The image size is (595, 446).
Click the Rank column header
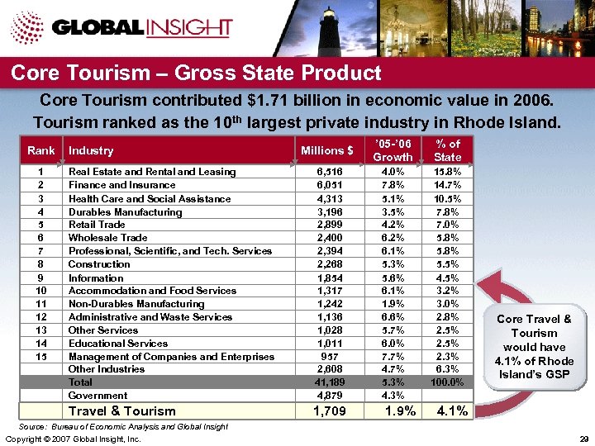point(41,150)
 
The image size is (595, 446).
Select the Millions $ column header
point(327,150)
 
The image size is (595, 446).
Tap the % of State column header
point(447,150)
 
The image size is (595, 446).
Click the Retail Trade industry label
point(97,225)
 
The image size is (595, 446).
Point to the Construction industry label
point(99,264)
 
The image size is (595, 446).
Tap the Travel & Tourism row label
point(122,411)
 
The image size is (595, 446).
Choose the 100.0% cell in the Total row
point(447,383)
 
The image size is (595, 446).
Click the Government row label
point(97,396)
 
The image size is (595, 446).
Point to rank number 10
point(40,291)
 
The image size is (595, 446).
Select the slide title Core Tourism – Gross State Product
point(196,74)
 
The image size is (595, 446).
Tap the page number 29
point(583,439)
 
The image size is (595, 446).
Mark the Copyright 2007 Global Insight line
point(73,439)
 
